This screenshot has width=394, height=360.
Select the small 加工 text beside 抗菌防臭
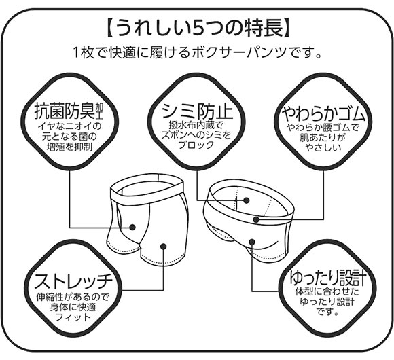coord(101,110)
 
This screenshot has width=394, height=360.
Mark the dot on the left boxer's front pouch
coord(134,228)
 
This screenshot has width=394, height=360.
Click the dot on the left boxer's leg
coord(163,247)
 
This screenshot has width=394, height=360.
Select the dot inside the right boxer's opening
coord(246,201)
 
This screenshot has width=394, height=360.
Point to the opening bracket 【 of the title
coord(109,29)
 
